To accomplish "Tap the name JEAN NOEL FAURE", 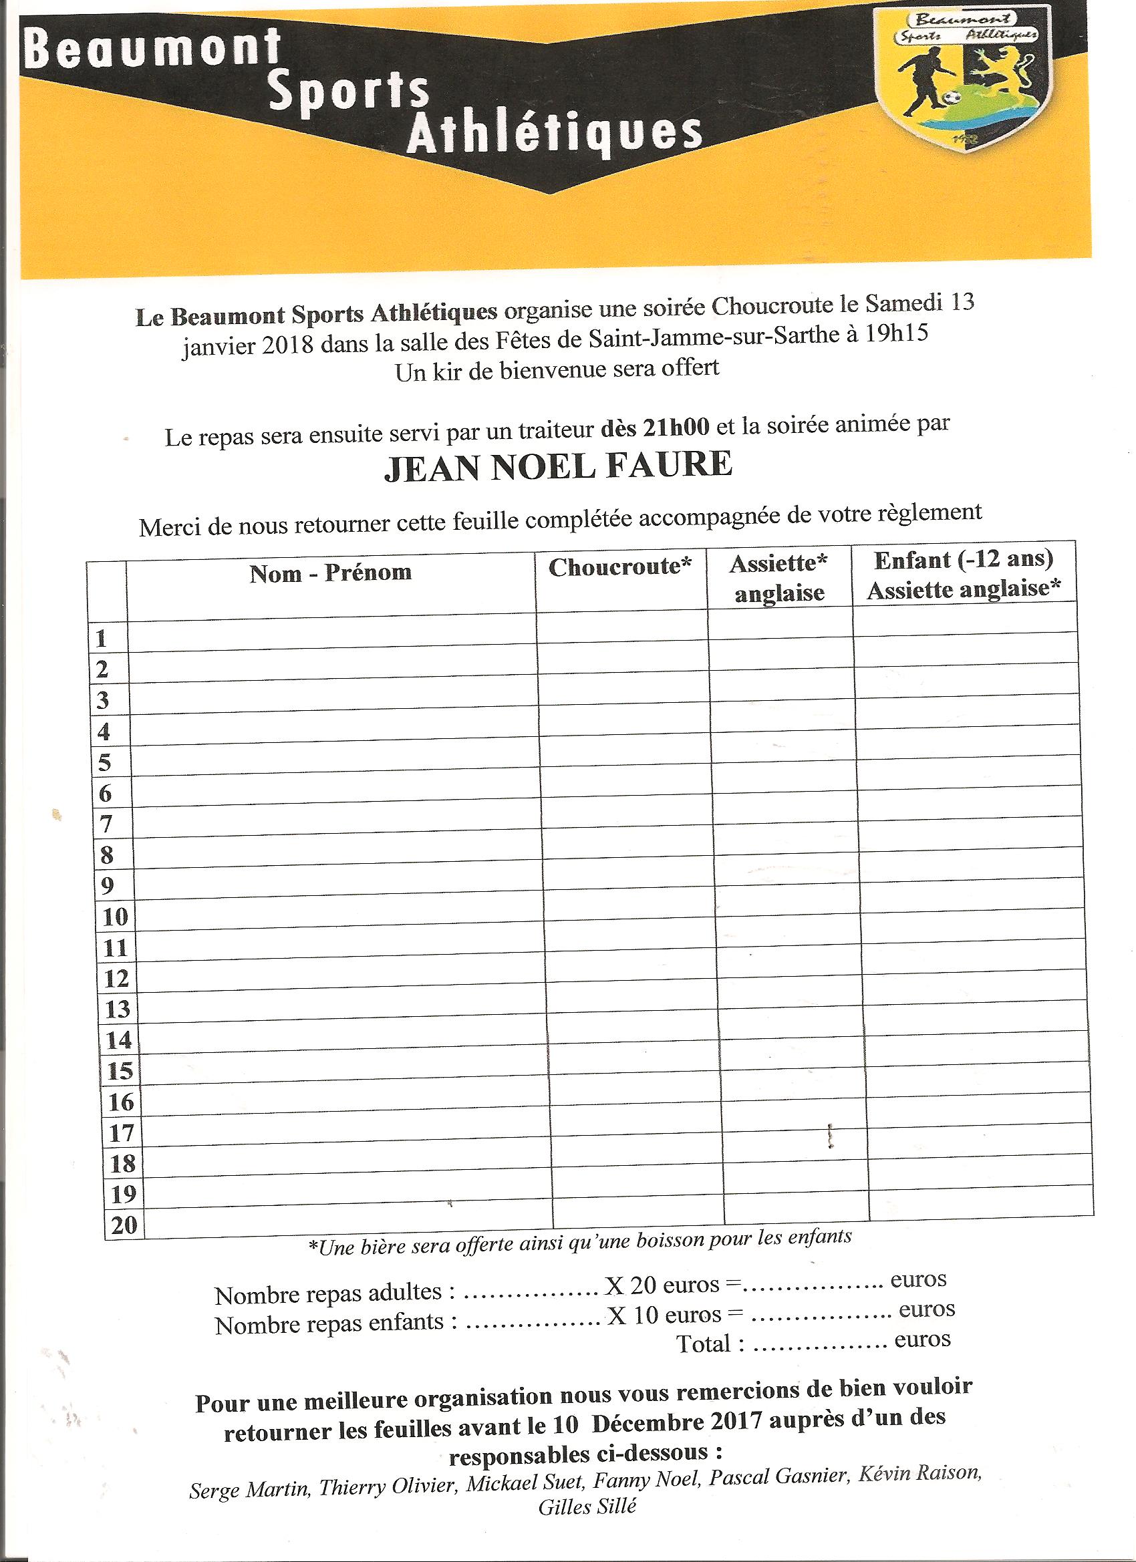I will (x=558, y=466).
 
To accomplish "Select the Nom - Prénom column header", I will (x=331, y=573).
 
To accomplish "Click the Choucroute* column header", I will (x=620, y=567).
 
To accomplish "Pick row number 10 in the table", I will (x=115, y=917).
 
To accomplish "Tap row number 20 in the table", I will (x=124, y=1225).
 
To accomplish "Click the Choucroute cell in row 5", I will (x=624, y=758).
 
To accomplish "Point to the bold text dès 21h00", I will (x=654, y=428).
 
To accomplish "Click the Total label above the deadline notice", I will (x=710, y=1344).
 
